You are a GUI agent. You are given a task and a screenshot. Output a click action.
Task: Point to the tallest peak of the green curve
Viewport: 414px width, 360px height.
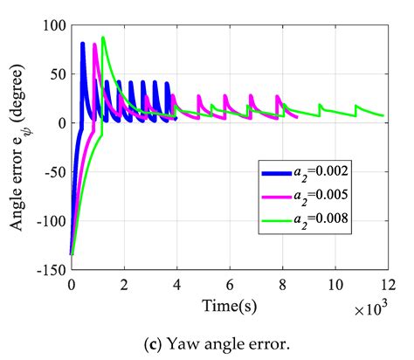pyautogui.click(x=103, y=38)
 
